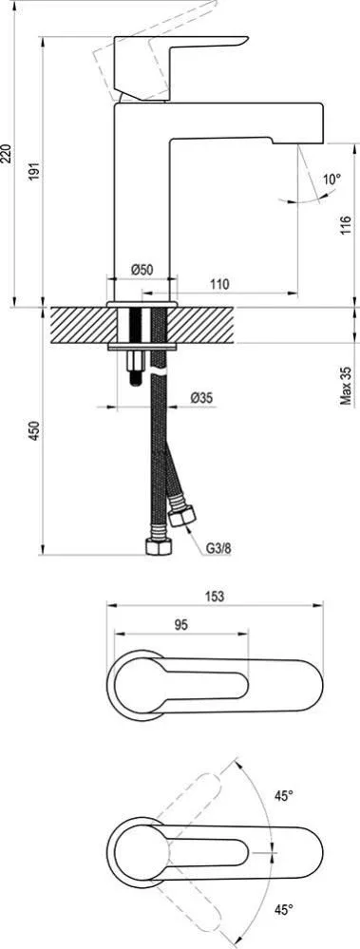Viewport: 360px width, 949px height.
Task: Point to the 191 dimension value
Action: (34, 171)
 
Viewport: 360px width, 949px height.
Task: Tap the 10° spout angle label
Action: (332, 180)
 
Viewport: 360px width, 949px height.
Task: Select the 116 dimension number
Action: (346, 226)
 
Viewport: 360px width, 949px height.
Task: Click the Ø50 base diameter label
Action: (142, 270)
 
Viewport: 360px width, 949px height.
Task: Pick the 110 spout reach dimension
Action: (219, 283)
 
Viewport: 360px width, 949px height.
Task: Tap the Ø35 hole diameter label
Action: (200, 398)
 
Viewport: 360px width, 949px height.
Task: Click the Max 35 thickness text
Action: (346, 385)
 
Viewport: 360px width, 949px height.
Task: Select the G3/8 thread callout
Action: (218, 549)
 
